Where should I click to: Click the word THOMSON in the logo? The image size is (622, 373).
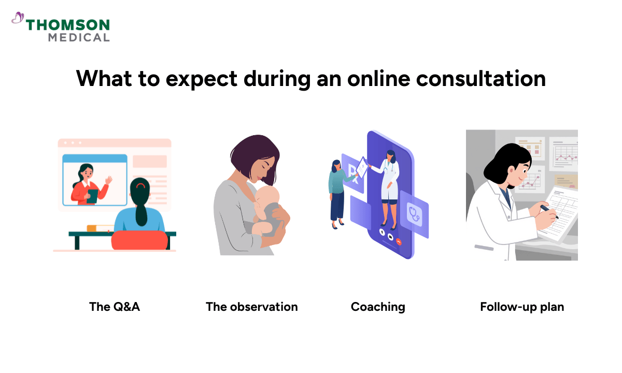(x=68, y=25)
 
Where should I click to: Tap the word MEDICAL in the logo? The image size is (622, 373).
(x=79, y=37)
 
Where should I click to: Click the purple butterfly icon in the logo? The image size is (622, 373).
(x=18, y=19)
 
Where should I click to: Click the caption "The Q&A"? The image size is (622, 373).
(x=115, y=307)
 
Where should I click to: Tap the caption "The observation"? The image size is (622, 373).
(x=252, y=307)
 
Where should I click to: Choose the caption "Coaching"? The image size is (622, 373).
(x=378, y=307)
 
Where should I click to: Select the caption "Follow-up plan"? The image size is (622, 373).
(x=522, y=307)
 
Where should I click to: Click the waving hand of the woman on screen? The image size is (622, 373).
(x=109, y=180)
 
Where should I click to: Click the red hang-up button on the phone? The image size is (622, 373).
(x=398, y=241)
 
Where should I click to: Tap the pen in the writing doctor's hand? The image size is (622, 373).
(x=547, y=210)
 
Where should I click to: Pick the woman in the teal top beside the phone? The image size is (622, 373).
(x=337, y=192)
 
